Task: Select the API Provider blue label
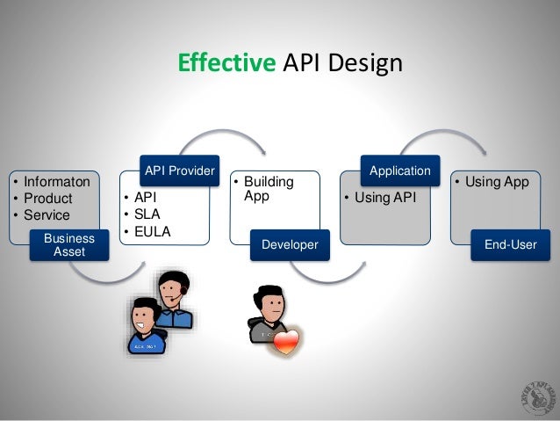(x=178, y=170)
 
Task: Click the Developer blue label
(x=284, y=245)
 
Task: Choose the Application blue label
(x=399, y=170)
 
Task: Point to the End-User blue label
(x=510, y=245)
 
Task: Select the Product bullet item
(x=48, y=199)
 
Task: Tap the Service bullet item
(x=48, y=214)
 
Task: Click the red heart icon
(x=286, y=342)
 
